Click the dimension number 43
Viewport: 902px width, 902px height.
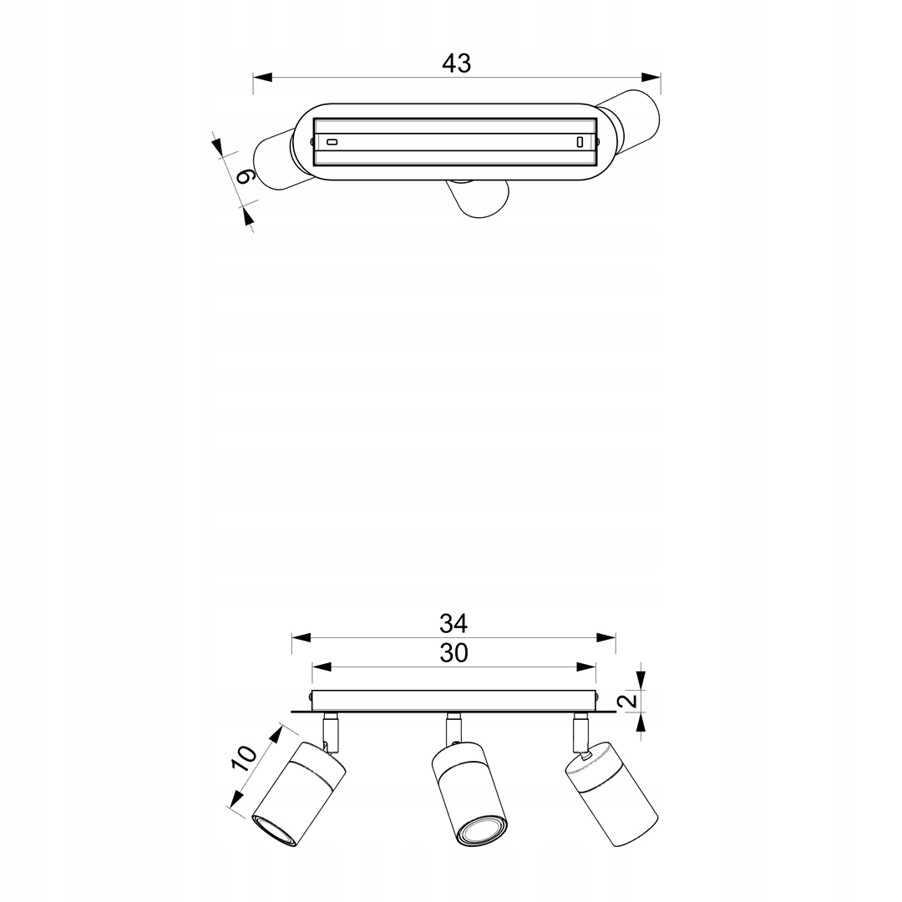pyautogui.click(x=456, y=63)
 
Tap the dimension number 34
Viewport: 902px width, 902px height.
pyautogui.click(x=454, y=624)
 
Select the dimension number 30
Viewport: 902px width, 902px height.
pyautogui.click(x=454, y=653)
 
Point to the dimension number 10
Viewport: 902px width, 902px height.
pyautogui.click(x=244, y=758)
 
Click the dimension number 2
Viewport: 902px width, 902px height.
pyautogui.click(x=631, y=700)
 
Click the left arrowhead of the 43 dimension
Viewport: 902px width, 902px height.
pyautogui.click(x=262, y=77)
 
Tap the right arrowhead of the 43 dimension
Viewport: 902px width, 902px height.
pyautogui.click(x=651, y=77)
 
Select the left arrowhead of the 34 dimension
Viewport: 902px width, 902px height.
pyautogui.click(x=301, y=637)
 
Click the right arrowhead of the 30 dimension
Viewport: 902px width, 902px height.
pyautogui.click(x=586, y=667)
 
